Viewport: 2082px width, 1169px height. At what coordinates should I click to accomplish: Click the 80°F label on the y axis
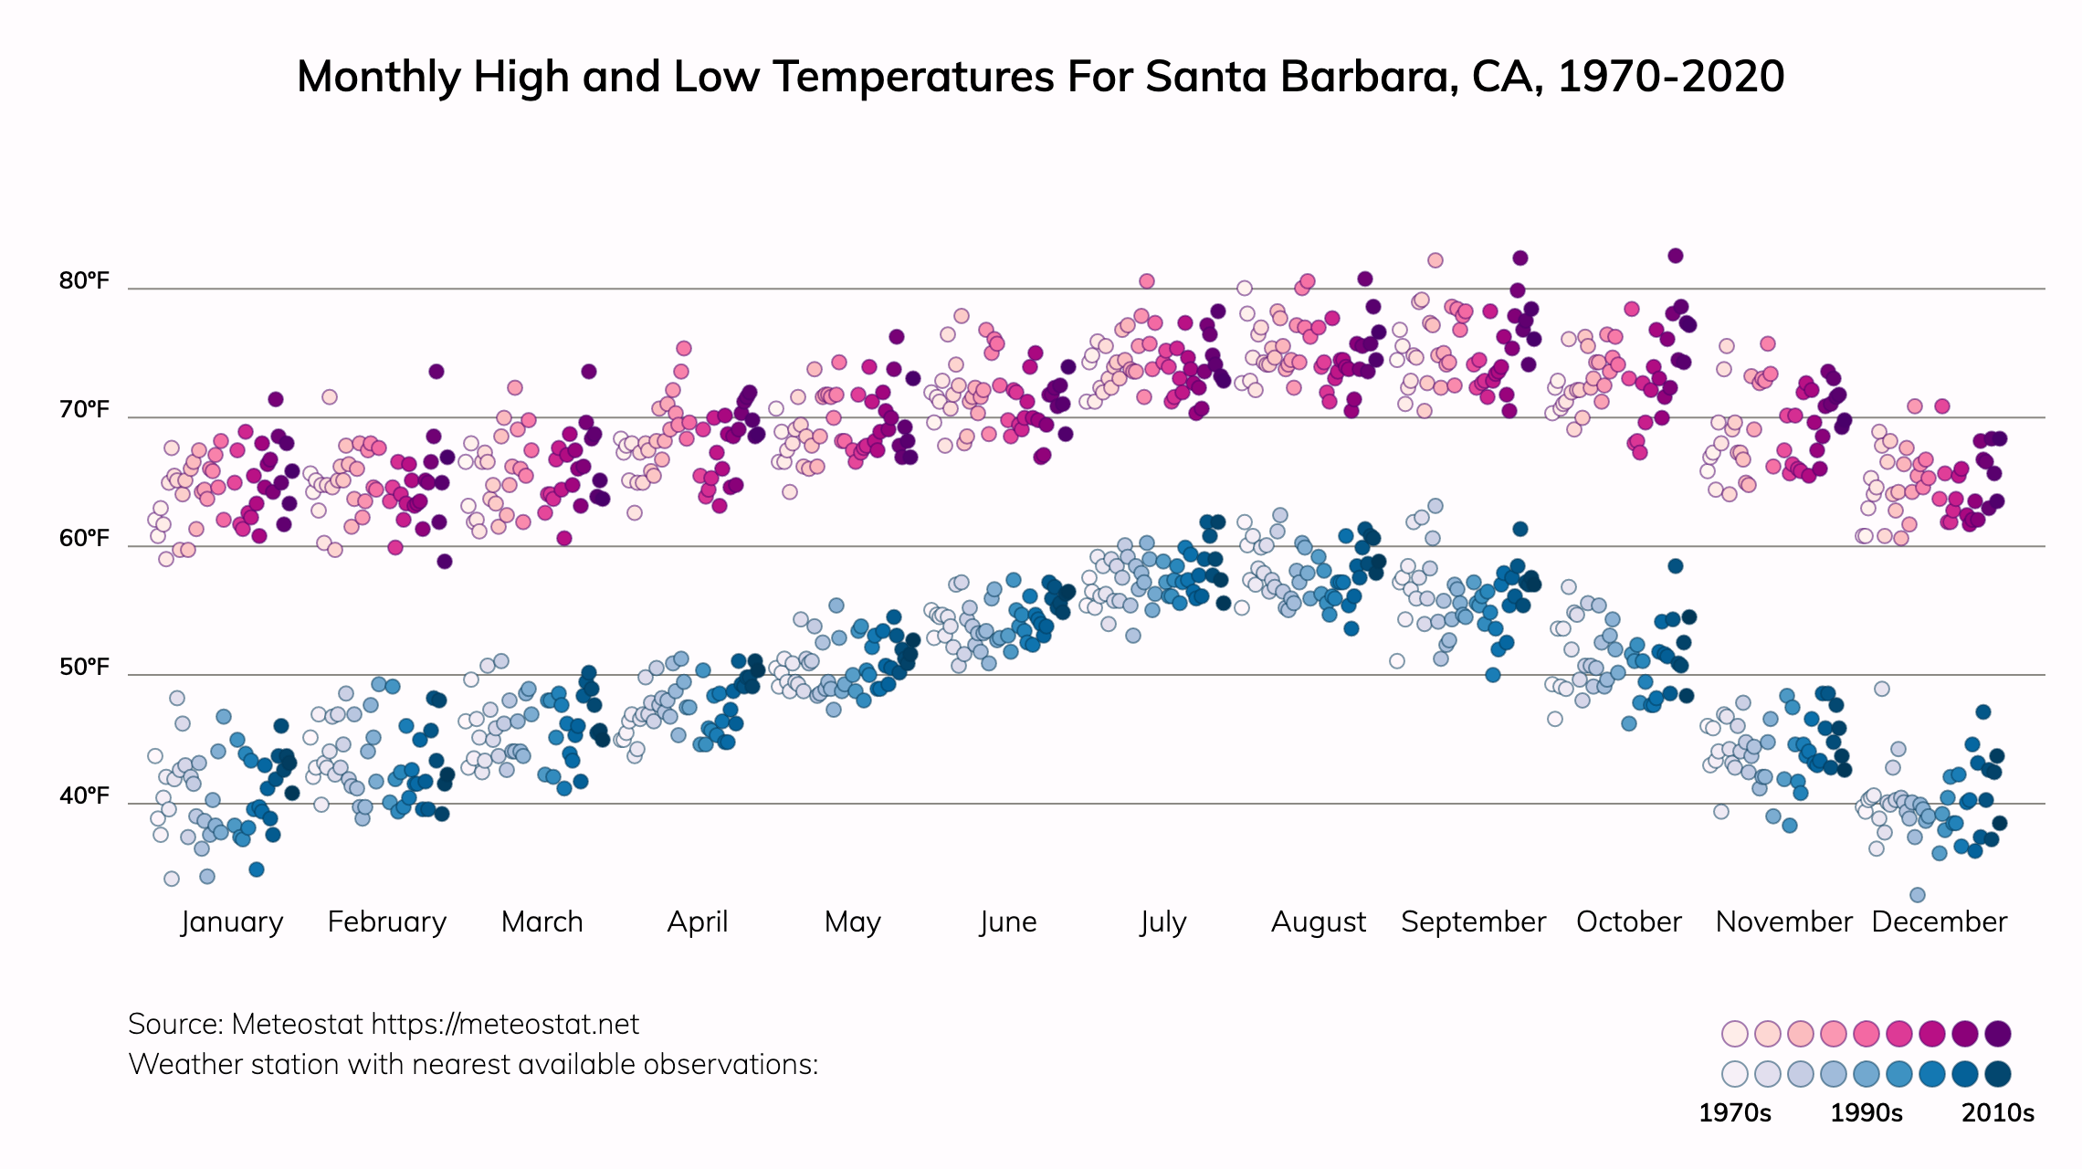pos(84,280)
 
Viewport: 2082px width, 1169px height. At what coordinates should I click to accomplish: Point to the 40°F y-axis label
pos(84,796)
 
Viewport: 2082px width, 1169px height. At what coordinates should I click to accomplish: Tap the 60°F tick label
pos(84,538)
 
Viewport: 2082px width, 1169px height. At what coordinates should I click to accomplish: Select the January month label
pos(232,922)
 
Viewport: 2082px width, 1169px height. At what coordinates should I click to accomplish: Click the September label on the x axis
pos(1473,922)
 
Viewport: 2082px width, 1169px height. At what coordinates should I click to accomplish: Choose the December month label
pos(1939,922)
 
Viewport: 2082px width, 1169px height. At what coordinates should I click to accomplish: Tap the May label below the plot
pos(852,922)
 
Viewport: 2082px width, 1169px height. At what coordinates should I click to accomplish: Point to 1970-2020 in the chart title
pos(1671,77)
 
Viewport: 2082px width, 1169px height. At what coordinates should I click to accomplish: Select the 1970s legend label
pos(1734,1113)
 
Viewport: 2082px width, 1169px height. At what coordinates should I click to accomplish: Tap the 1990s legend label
pos(1866,1113)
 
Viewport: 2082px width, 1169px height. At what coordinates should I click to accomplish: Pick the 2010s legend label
pos(1998,1113)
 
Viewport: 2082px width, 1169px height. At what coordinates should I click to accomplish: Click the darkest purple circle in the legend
pos(1998,1034)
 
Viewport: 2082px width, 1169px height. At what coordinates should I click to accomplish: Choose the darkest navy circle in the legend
pos(1998,1074)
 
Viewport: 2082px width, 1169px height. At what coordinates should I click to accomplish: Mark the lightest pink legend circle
pos(1734,1034)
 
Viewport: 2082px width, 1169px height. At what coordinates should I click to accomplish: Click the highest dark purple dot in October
pos(1675,256)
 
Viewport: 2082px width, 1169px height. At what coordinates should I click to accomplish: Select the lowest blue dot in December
pos(1918,895)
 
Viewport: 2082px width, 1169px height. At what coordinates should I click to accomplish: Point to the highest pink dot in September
pos(1435,260)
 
